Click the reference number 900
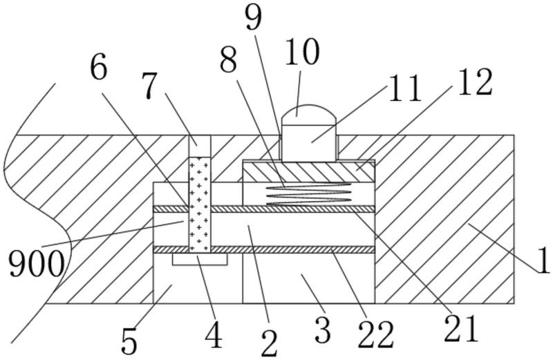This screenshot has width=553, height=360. [36, 263]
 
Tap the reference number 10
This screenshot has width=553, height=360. [300, 52]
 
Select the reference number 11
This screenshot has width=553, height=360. [404, 89]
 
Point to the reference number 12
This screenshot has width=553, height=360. [474, 83]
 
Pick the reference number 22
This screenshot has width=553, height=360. [376, 333]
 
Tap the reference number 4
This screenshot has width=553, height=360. [214, 337]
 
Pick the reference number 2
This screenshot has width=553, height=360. [269, 342]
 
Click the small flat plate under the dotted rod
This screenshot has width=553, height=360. [200, 260]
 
